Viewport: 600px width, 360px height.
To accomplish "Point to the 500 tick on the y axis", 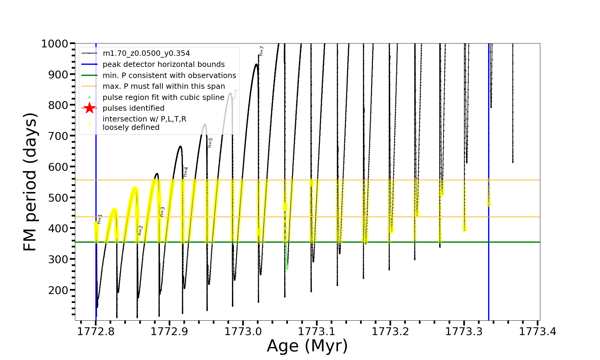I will (58, 197).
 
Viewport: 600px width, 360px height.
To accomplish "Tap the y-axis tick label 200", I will (58, 290).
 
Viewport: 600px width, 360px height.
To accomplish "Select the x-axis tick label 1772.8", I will (96, 332).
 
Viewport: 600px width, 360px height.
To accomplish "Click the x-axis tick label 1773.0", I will (243, 332).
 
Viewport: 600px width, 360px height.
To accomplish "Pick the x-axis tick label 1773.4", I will (538, 332).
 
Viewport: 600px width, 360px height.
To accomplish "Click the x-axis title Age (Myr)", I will (307, 346).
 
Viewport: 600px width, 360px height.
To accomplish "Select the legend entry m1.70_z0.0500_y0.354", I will (146, 53).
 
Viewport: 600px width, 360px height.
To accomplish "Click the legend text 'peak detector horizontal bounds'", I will (163, 64).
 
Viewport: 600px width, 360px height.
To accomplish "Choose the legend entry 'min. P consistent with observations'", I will (169, 75).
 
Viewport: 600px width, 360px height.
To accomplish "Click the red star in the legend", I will (89, 108).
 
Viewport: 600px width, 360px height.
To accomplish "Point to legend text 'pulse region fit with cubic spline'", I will (163, 97).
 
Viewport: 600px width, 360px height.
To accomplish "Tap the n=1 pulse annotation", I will (100, 219).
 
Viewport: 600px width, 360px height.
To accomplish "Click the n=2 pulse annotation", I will (140, 230).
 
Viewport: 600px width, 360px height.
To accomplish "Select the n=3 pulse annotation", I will (162, 211).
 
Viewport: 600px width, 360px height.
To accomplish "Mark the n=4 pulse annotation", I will (186, 172).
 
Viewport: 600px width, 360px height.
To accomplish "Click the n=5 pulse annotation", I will (210, 143).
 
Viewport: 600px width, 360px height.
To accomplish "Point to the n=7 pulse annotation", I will (261, 51).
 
